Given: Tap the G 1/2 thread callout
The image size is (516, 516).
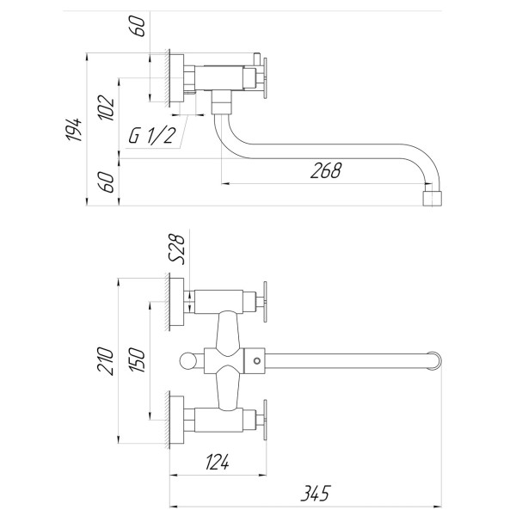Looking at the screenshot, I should click(x=152, y=136).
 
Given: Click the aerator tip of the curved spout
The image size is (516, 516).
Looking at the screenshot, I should click(x=434, y=200).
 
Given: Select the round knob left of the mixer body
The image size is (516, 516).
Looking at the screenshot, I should click(x=191, y=360).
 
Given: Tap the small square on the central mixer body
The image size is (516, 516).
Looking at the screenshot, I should click(x=255, y=360).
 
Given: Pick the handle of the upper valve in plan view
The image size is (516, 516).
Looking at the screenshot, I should click(x=267, y=301).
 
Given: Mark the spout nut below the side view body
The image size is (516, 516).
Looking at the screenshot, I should click(x=222, y=106).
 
